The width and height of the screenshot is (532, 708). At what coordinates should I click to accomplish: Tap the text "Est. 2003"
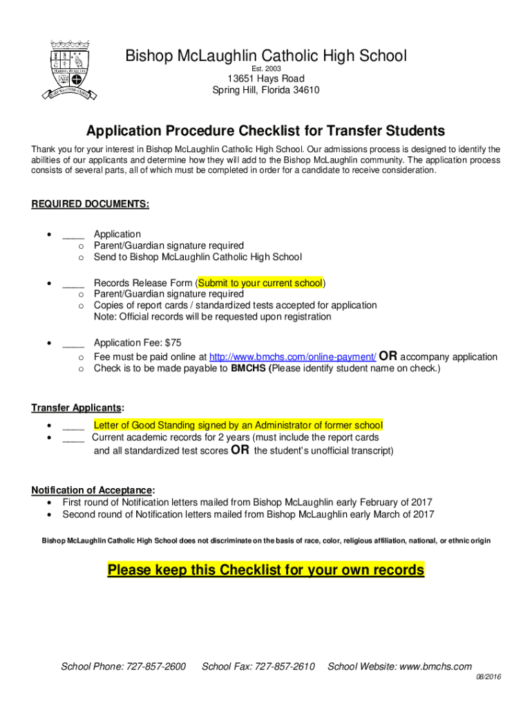pos(266,68)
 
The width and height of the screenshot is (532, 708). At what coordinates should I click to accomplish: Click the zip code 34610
pos(304,91)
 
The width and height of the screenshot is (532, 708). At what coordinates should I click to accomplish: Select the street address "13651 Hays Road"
pos(266,79)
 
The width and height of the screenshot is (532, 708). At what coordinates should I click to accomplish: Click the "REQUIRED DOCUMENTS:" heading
pos(90,205)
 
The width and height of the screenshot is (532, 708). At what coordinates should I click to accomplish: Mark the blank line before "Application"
pos(73,234)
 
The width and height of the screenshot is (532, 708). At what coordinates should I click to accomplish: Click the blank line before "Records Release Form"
pos(73,283)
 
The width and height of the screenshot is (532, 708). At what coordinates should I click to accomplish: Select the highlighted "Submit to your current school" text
pos(260,283)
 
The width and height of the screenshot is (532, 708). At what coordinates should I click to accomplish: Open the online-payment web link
pos(292,357)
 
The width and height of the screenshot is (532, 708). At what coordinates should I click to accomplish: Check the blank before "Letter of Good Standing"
pos(73,425)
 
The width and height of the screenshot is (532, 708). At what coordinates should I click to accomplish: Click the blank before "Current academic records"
pos(73,438)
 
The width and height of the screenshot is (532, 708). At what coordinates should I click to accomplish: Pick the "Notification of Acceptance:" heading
pos(93,490)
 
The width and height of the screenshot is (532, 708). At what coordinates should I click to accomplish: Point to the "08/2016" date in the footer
pos(488,677)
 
